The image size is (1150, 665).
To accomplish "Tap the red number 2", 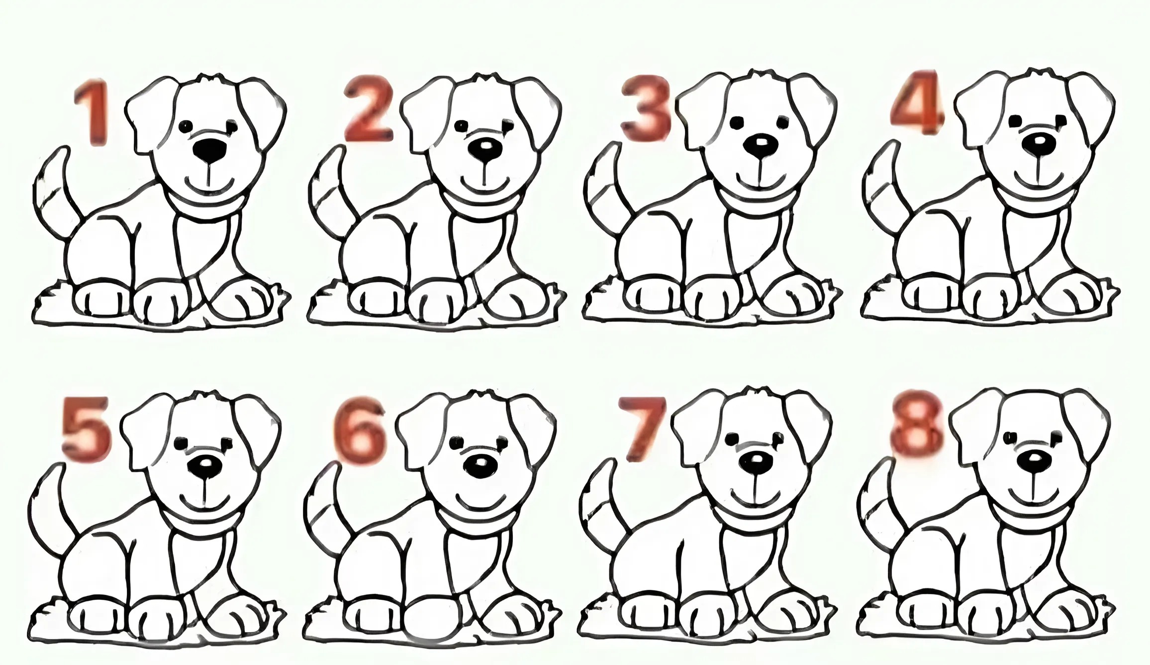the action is pos(369,110).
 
